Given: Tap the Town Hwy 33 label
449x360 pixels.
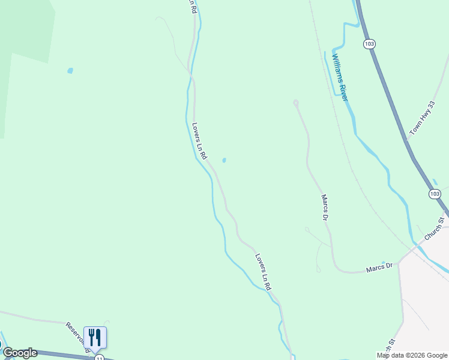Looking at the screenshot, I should point(422,117).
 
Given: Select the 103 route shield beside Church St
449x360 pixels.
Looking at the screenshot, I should point(435,193).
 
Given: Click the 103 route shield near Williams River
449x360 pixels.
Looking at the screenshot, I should point(369,44).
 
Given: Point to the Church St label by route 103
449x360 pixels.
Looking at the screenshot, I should point(434,229).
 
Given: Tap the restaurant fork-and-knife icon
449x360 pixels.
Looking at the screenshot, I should point(95,337).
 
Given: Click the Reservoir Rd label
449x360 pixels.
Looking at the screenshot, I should point(78,336).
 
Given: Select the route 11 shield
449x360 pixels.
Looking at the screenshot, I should point(98,357).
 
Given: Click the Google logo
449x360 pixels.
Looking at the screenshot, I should point(20,353).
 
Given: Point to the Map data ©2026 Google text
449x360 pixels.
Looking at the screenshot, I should point(412,355).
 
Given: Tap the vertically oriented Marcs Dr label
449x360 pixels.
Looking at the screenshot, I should point(325,207).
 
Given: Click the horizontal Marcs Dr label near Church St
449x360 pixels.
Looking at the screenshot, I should point(379,267).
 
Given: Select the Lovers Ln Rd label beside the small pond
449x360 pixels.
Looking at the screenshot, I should point(199,141).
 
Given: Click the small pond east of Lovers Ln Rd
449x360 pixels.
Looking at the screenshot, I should point(224,160).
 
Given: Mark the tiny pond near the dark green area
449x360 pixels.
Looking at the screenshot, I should point(70,71).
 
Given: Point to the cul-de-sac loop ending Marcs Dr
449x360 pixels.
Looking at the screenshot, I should point(295,103).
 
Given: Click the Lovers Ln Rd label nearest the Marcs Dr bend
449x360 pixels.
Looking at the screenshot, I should point(264,272).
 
